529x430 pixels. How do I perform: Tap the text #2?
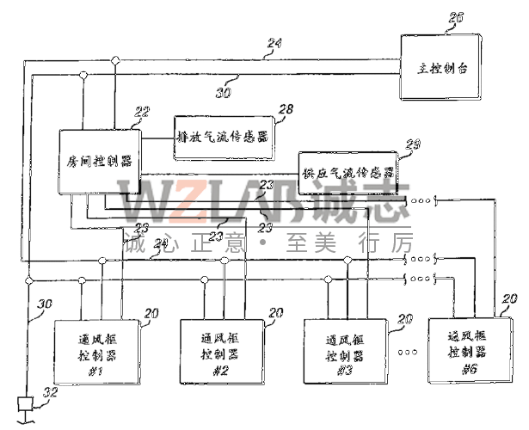[x=219, y=372]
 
